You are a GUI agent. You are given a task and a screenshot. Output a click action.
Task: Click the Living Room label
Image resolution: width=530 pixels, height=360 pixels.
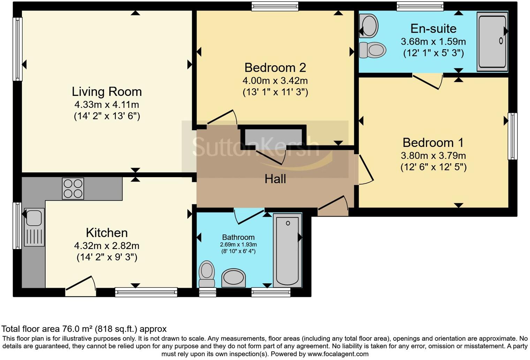point(107,92)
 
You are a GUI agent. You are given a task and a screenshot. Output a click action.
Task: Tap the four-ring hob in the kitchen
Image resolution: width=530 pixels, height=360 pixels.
point(73,188)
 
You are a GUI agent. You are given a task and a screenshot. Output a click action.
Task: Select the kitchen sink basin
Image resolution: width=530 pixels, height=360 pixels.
point(34,217)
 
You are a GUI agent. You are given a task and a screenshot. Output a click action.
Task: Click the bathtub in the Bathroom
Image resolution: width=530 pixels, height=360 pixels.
point(287,250)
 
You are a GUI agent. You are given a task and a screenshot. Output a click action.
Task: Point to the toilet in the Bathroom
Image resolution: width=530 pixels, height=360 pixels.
point(207,274)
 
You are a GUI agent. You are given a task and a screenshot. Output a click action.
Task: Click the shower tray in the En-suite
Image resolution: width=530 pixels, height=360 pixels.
point(492,42)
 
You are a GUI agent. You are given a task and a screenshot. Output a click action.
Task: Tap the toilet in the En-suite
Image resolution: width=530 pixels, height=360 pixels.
point(372,50)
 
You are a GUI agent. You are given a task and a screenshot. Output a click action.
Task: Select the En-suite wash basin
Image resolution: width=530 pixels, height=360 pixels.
point(369,26)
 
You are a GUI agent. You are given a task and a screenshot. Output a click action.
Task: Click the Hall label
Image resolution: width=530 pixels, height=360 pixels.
point(275,179)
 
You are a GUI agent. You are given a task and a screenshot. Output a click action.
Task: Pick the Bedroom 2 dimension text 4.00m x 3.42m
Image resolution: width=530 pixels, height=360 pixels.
point(275,81)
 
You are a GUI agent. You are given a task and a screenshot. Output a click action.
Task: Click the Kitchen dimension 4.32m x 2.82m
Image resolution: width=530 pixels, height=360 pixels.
point(107,246)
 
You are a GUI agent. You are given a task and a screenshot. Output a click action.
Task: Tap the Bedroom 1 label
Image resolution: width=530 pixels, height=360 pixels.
point(433,142)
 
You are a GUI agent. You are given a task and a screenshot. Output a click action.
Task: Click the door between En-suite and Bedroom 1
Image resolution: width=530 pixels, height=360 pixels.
point(428,81)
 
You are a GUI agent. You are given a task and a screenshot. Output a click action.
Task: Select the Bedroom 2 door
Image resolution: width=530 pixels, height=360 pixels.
point(222,117)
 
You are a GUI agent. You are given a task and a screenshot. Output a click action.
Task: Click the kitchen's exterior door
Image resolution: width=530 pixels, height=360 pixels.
point(81,286)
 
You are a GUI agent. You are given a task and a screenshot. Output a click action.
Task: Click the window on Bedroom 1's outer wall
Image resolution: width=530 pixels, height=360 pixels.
point(513,136)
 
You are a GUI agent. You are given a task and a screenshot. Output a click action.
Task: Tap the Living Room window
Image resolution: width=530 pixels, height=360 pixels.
point(17,49)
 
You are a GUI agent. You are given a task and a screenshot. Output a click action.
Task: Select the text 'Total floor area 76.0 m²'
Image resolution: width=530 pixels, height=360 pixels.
point(47,329)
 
